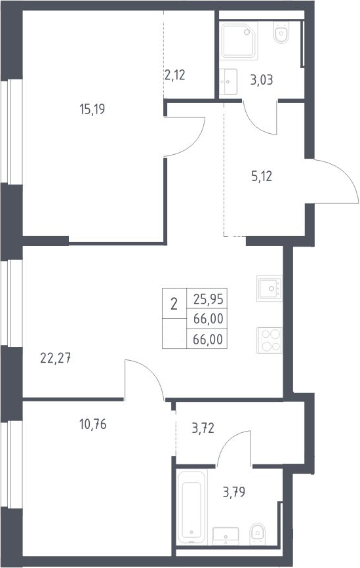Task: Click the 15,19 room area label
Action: pyautogui.click(x=92, y=109)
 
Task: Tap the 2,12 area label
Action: pyautogui.click(x=174, y=75)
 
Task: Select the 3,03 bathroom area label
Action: pyautogui.click(x=262, y=80)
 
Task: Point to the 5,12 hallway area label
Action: pyautogui.click(x=262, y=176)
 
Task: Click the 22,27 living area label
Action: pyautogui.click(x=56, y=358)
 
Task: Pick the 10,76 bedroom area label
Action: pyautogui.click(x=92, y=424)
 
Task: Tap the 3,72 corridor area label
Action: pyautogui.click(x=203, y=428)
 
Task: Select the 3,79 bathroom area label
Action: pyautogui.click(x=234, y=493)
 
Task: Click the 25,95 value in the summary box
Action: pyautogui.click(x=209, y=299)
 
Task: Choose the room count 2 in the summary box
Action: pyautogui.click(x=174, y=304)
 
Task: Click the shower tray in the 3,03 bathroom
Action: pyautogui.click(x=239, y=41)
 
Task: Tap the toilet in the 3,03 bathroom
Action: pyautogui.click(x=281, y=33)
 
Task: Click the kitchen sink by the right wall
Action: pyautogui.click(x=269, y=289)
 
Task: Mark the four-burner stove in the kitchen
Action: pyautogui.click(x=269, y=340)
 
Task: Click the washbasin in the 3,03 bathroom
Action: pyautogui.click(x=228, y=82)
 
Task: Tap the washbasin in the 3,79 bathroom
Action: pyautogui.click(x=226, y=536)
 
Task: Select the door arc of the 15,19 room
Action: pyautogui.click(x=195, y=145)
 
